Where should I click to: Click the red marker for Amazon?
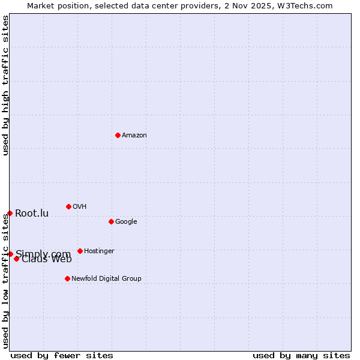(x=118, y=135)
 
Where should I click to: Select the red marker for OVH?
(x=68, y=206)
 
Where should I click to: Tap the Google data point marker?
(x=111, y=221)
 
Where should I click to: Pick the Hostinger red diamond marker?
(x=80, y=251)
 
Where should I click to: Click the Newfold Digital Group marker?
(x=67, y=278)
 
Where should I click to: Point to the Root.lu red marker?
(x=10, y=213)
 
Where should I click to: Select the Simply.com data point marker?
(x=10, y=254)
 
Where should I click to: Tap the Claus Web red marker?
(x=16, y=259)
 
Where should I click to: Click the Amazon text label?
(x=134, y=135)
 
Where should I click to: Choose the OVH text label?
(x=80, y=206)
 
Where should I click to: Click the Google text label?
(x=126, y=221)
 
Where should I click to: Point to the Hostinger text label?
(x=99, y=251)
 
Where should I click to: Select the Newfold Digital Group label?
(x=106, y=278)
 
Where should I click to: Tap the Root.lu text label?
(x=32, y=213)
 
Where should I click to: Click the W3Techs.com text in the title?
(x=307, y=5)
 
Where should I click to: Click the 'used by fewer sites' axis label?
(x=62, y=355)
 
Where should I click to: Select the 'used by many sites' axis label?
(x=301, y=355)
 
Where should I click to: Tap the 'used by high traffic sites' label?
(x=5, y=85)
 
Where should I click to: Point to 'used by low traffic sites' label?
(x=5, y=281)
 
